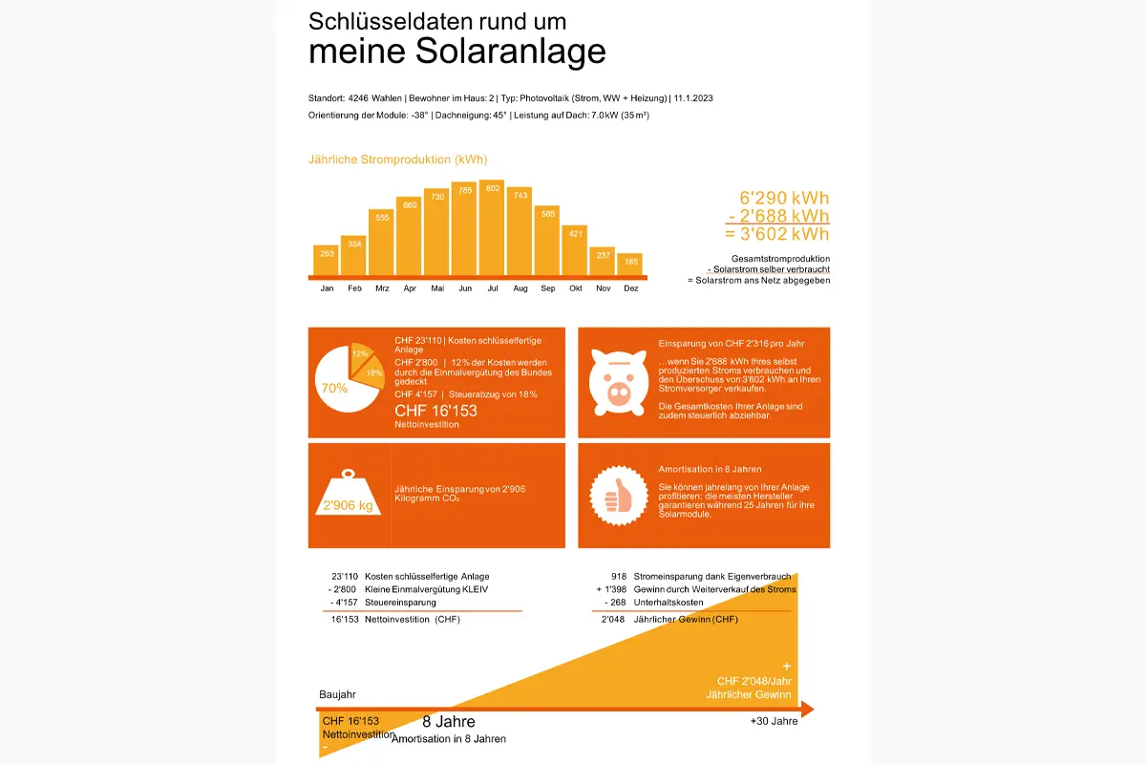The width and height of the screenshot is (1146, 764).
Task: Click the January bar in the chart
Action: (327, 260)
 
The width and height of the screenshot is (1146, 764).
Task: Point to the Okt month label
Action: (575, 288)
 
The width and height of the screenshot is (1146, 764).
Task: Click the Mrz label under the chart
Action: (382, 288)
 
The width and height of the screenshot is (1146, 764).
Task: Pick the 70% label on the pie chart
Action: (334, 389)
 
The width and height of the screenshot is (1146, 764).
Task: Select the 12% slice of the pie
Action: (360, 354)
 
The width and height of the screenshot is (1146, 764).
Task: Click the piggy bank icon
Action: (615, 382)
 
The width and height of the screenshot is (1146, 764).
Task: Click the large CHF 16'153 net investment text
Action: (435, 411)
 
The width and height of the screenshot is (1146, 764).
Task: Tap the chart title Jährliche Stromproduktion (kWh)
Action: (397, 159)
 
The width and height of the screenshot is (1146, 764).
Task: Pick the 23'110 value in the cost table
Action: (344, 577)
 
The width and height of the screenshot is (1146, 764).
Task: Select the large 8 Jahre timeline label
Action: (449, 722)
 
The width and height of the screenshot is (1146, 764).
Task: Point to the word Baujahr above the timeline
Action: (337, 694)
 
